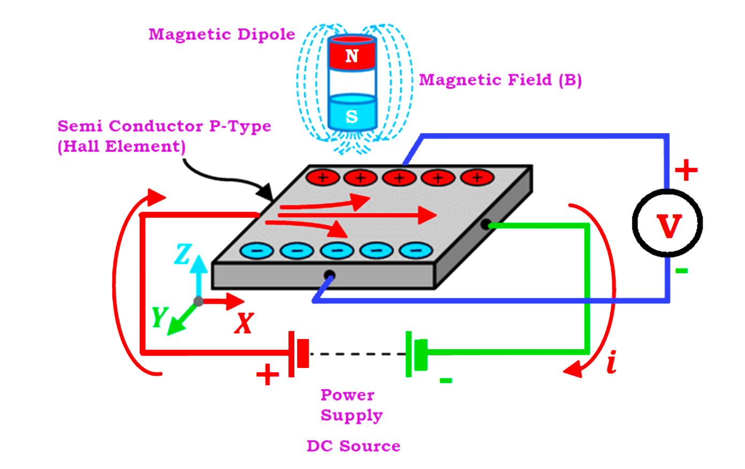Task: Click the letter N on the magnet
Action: (x=352, y=56)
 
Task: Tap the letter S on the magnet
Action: (x=352, y=116)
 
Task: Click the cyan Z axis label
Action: (x=183, y=254)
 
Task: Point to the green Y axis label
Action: (x=159, y=317)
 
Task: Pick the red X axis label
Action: (x=244, y=323)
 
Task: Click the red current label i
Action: (x=612, y=362)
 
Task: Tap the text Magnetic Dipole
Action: (x=222, y=34)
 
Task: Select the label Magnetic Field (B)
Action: (x=500, y=80)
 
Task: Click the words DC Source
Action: (x=353, y=446)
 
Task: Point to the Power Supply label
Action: (x=351, y=405)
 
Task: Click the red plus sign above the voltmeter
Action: (x=686, y=171)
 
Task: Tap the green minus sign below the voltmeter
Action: (x=681, y=271)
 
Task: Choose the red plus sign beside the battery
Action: (x=267, y=375)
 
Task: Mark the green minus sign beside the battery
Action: (x=445, y=380)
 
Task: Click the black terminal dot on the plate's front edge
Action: (x=330, y=275)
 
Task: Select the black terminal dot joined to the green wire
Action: (x=485, y=225)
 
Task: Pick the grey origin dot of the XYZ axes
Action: (x=199, y=301)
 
